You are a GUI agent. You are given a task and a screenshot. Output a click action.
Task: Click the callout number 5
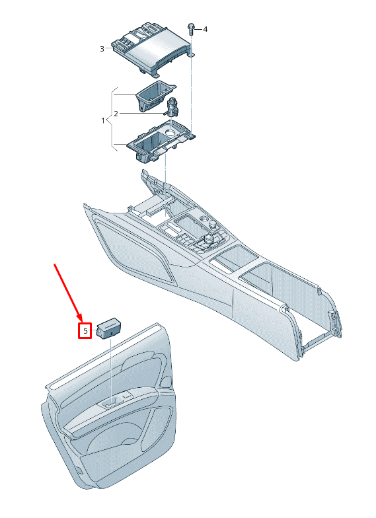coord(85,330)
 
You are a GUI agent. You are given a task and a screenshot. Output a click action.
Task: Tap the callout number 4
coord(205,29)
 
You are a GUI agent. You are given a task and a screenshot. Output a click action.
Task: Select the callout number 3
coord(102,49)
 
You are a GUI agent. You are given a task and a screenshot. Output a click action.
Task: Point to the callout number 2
coord(116,114)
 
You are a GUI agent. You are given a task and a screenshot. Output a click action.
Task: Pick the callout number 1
coord(103,120)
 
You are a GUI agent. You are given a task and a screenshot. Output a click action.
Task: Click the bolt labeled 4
coord(191,29)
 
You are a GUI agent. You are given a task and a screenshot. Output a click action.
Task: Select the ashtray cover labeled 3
coord(152,49)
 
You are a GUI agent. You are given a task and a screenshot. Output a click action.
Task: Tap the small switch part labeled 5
coord(108,328)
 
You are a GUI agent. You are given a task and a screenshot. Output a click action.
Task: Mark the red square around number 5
coord(85,330)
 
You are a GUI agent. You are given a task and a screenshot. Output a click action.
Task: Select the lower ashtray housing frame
coord(160,140)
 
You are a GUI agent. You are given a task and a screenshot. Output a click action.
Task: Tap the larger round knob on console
coord(209,239)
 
